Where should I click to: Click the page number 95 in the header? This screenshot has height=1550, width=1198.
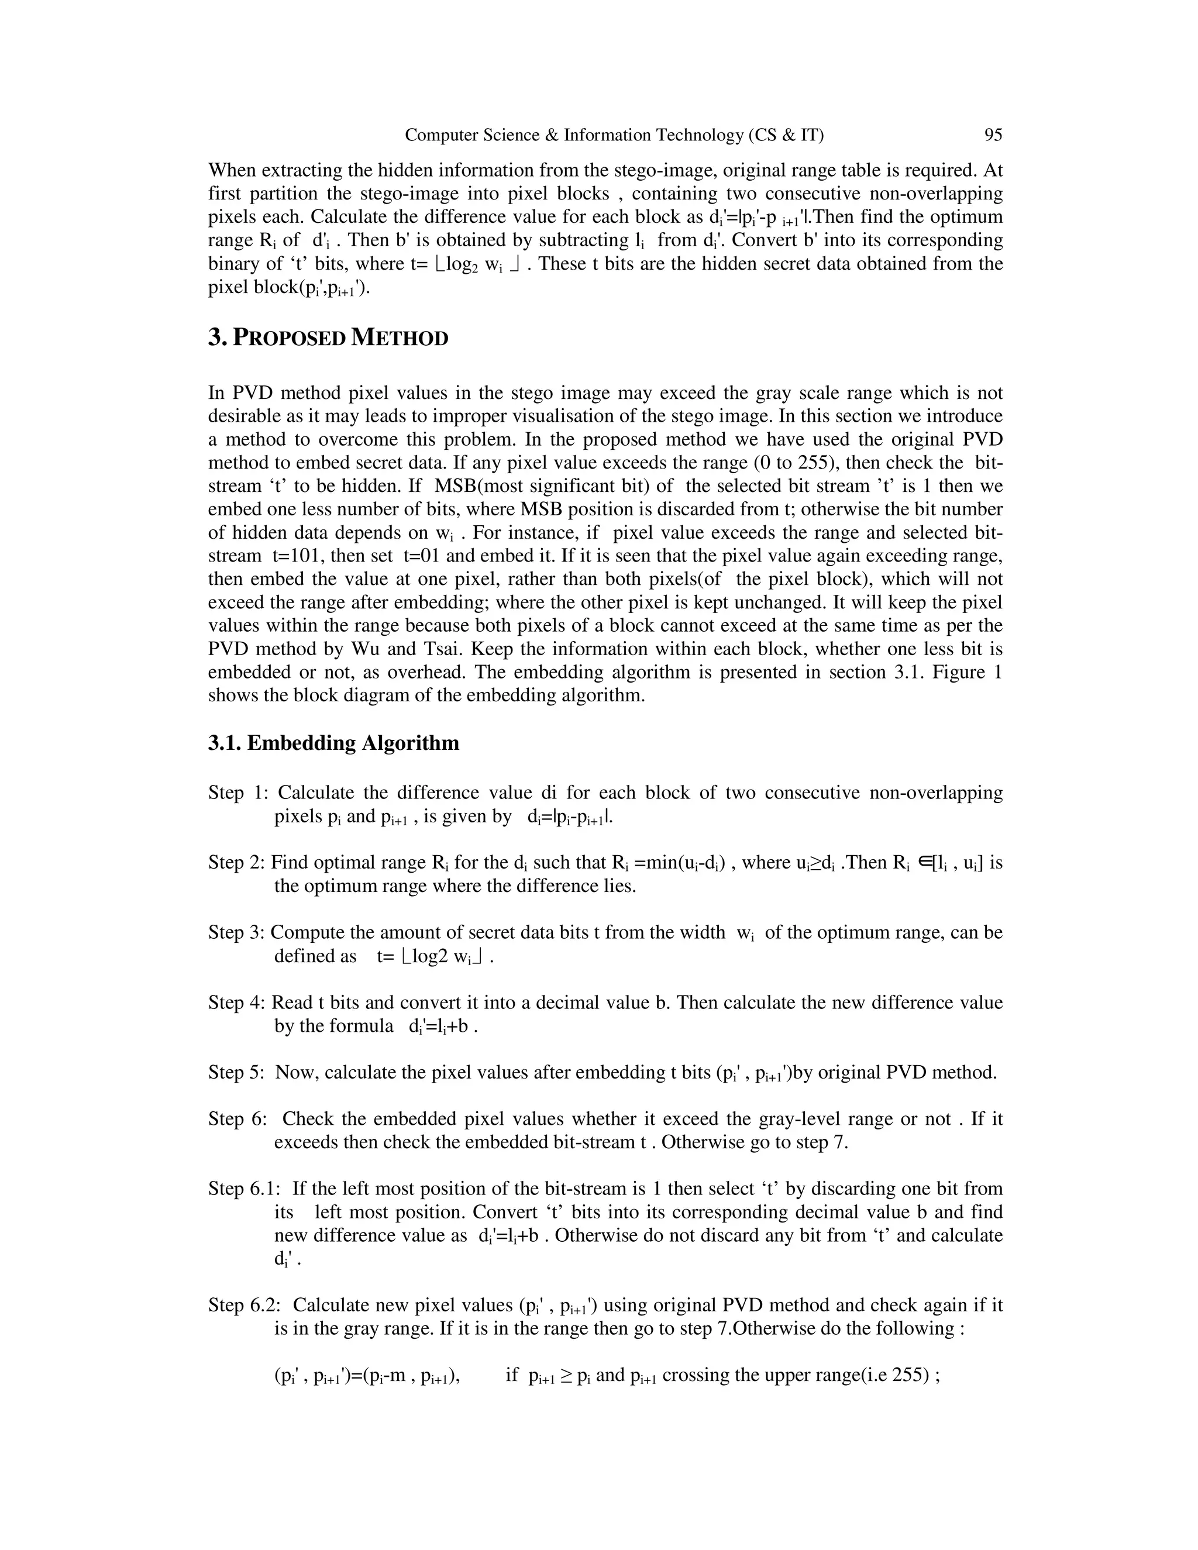point(993,135)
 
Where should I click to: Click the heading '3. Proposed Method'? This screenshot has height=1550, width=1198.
point(328,338)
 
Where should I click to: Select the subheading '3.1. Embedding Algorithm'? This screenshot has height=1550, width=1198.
point(333,743)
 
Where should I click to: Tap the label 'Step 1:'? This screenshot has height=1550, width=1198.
point(236,793)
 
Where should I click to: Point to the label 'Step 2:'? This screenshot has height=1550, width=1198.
point(237,862)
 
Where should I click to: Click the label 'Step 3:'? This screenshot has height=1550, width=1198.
point(237,932)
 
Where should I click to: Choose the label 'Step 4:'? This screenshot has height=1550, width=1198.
point(237,1002)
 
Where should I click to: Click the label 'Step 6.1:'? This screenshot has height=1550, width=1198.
point(245,1189)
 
